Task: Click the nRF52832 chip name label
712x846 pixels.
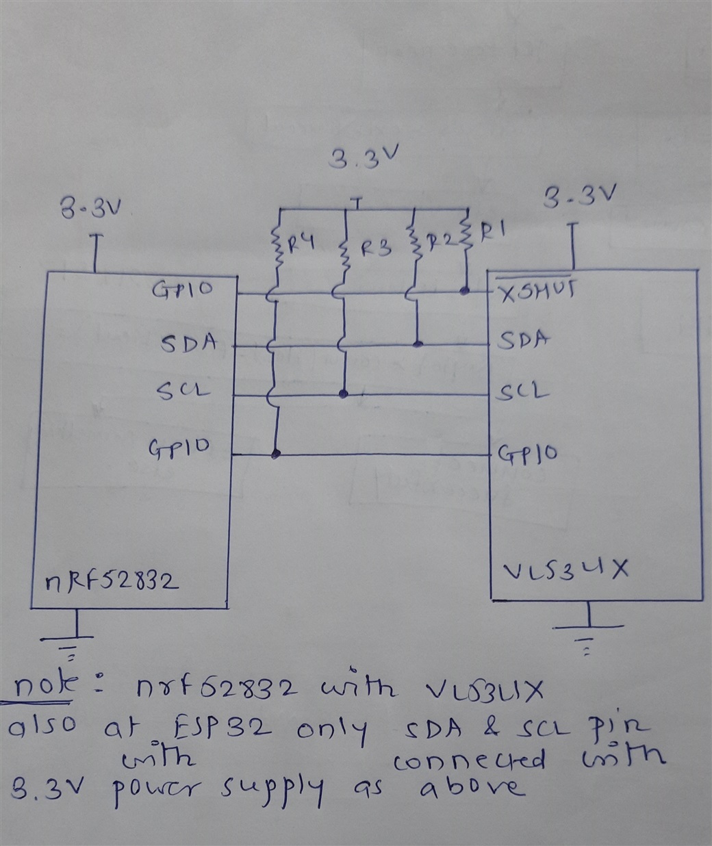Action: click(112, 582)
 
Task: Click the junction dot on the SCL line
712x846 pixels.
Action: click(344, 394)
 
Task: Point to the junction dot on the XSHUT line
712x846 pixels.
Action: click(465, 292)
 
